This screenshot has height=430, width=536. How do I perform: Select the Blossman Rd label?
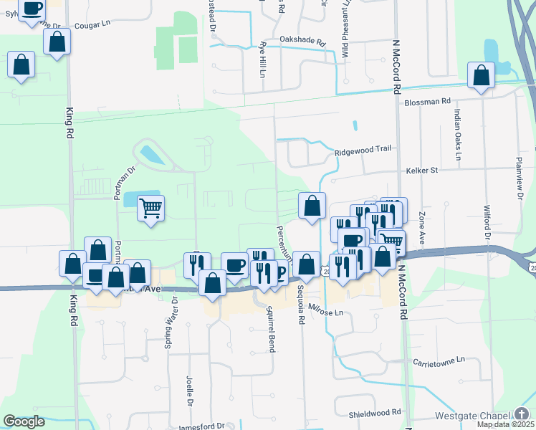(x=426, y=102)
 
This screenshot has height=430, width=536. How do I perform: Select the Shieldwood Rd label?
(x=375, y=414)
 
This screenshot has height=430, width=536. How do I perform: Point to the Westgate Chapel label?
(x=472, y=416)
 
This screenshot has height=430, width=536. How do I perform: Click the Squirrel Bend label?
(x=270, y=330)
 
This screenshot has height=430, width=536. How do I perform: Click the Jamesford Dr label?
(x=201, y=426)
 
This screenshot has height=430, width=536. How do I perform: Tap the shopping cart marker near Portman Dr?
(x=150, y=209)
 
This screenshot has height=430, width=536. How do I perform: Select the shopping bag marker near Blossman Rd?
(x=481, y=75)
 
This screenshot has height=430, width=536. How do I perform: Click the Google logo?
(x=24, y=421)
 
